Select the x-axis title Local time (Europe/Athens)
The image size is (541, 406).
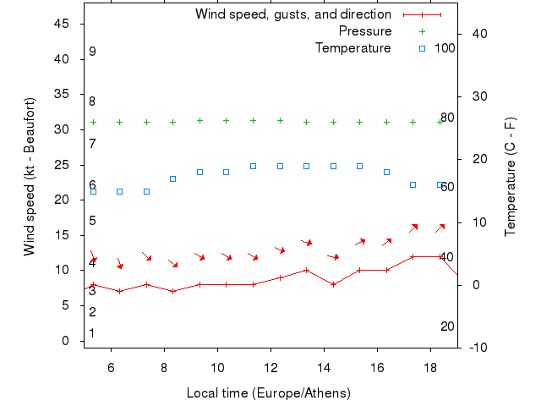coord(268,393)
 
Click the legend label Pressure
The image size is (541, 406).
coord(364,31)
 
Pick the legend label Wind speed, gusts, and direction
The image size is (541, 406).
coord(293,14)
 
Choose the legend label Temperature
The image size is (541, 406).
coord(352,48)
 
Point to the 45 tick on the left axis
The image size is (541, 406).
coord(61,24)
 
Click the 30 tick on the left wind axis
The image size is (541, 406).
coord(61,129)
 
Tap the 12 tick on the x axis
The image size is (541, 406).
coord(271,368)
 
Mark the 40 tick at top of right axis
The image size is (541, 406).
coord(477,34)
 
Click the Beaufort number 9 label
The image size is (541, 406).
coord(92,52)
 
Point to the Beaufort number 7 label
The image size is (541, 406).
coord(92,143)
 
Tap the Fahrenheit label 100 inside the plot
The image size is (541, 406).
coord(445,48)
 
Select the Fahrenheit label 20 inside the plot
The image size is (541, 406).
coord(447,326)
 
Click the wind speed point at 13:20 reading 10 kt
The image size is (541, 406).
coord(306,270)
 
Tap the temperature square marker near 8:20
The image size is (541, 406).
coord(172,178)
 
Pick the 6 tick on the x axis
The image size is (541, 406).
coord(111,368)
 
